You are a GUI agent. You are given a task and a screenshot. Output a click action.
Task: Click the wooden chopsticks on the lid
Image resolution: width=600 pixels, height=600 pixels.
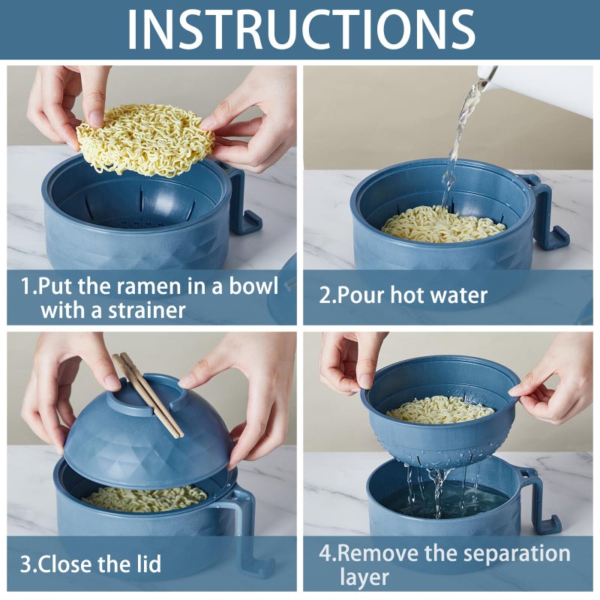click(148, 394)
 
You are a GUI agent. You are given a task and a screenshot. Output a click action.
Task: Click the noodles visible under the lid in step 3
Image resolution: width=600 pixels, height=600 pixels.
click(142, 497)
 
